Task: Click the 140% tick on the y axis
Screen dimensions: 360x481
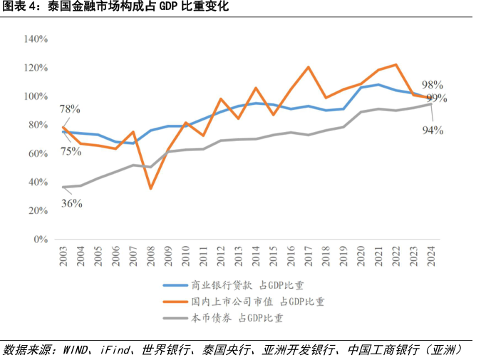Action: [36, 38]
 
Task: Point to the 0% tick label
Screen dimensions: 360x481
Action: [40, 240]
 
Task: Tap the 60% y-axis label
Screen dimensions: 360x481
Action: [37, 153]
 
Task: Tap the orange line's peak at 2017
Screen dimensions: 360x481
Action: [309, 67]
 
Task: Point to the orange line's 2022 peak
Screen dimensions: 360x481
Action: [396, 65]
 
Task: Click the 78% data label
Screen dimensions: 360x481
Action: [69, 109]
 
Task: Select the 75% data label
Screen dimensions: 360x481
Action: [69, 150]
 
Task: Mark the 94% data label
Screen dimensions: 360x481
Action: [433, 130]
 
